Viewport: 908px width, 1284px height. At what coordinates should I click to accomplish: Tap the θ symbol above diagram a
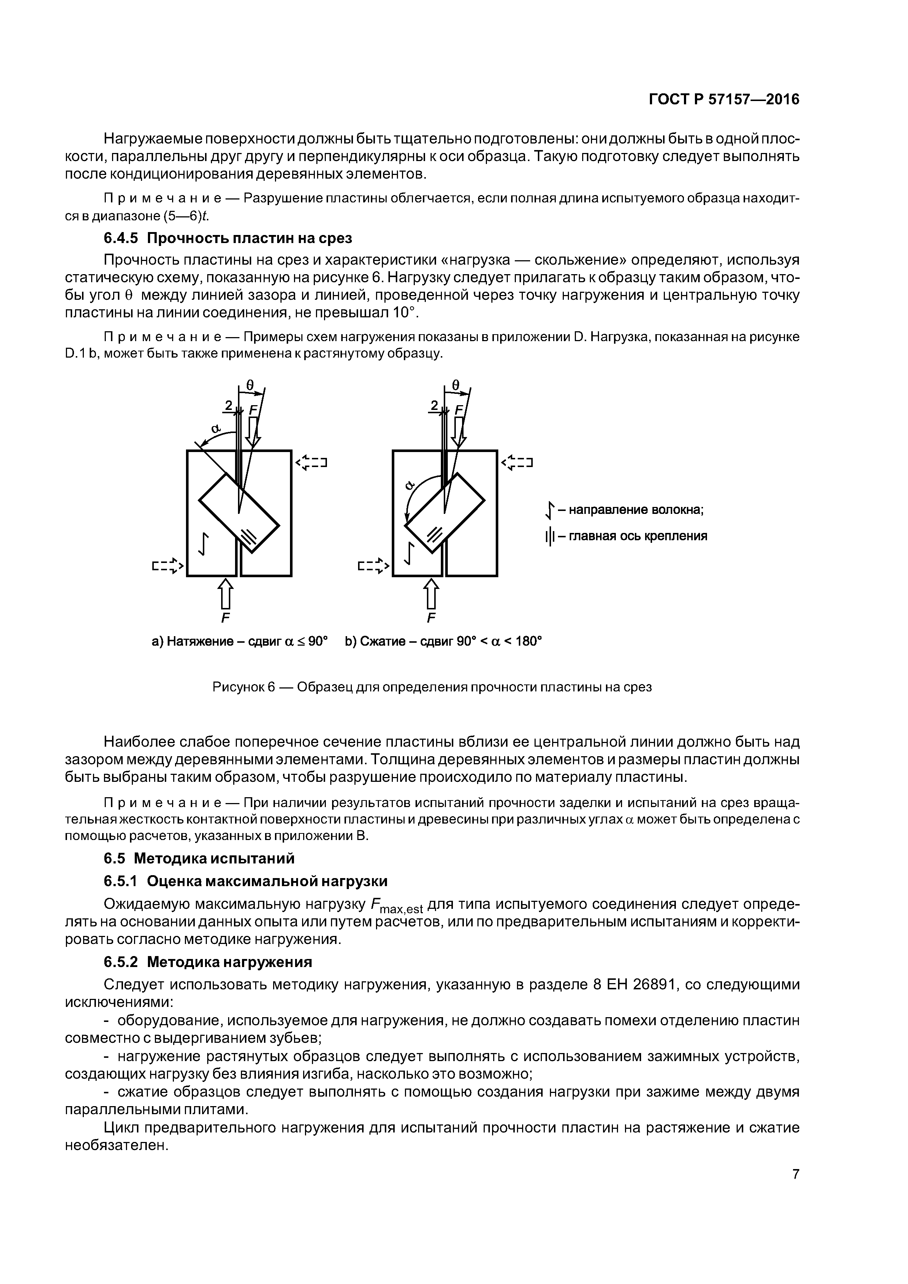click(250, 385)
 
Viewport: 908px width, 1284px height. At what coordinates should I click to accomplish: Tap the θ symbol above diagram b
click(455, 385)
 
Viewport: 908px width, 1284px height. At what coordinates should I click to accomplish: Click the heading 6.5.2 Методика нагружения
click(208, 962)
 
